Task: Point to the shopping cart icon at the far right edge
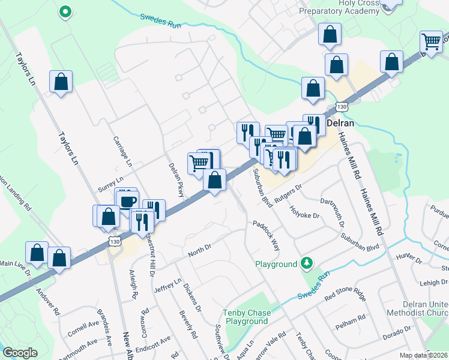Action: [x=431, y=41]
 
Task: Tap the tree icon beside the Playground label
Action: [x=307, y=263]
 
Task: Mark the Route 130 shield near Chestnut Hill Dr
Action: [x=115, y=240]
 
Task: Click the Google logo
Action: [x=20, y=353]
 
